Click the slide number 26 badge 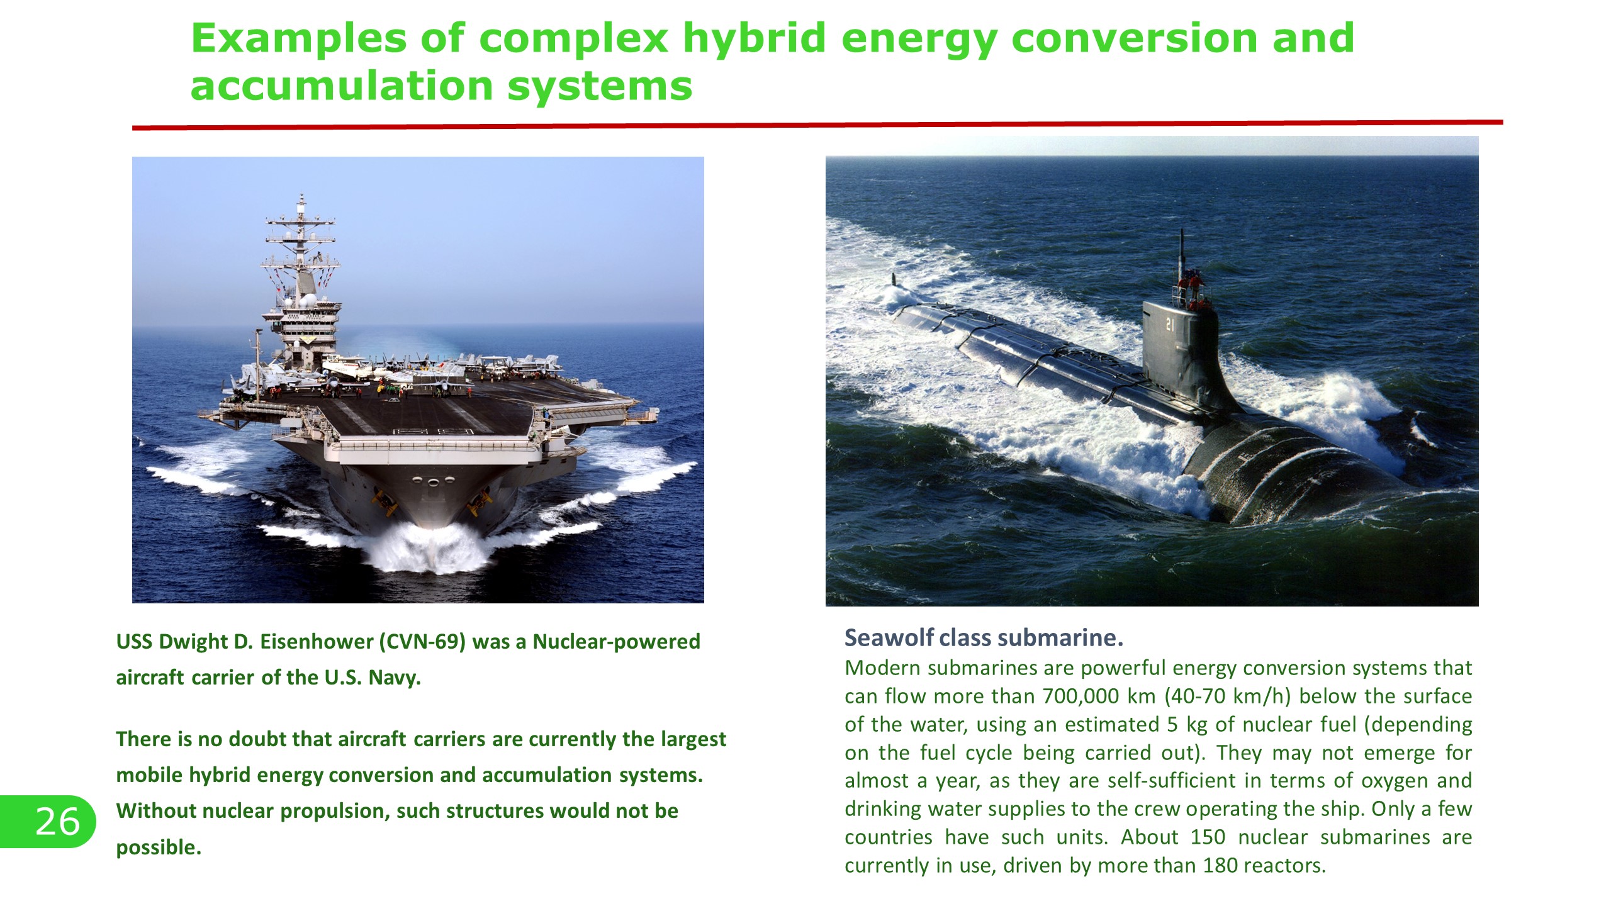coord(47,821)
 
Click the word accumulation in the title coord(342,86)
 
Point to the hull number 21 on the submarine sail coord(1170,325)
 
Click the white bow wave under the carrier coord(428,547)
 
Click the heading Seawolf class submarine coord(984,638)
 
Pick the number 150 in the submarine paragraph coord(1208,837)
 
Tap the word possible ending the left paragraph coord(159,848)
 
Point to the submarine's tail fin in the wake coord(894,279)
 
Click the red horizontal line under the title coord(817,125)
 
